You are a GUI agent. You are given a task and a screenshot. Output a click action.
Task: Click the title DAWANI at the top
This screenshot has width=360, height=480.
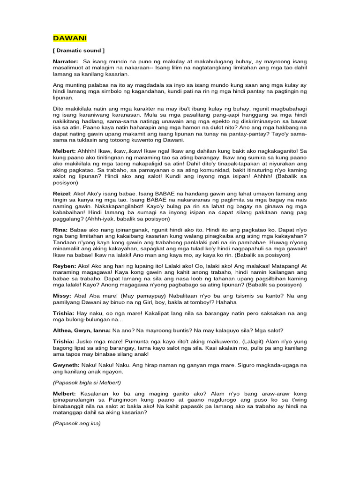coord(67,38)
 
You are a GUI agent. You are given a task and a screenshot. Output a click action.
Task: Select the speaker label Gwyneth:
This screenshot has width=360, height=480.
coord(67,365)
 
